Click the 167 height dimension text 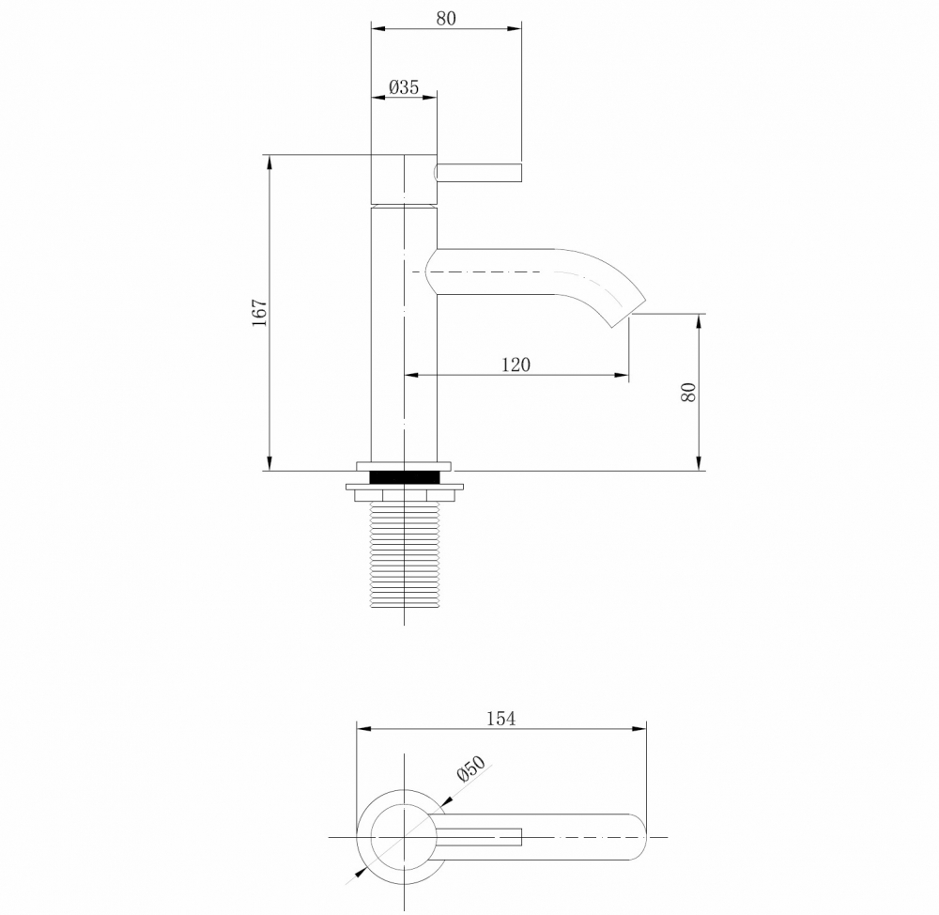click(x=260, y=312)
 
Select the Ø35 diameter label click(x=404, y=87)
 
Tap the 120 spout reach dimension click(x=516, y=364)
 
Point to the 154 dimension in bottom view click(x=500, y=719)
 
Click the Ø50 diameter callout click(x=470, y=769)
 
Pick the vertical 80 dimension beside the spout click(x=689, y=392)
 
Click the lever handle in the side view click(x=479, y=172)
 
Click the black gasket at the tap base click(x=405, y=476)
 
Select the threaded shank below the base click(x=405, y=554)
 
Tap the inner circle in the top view click(x=404, y=835)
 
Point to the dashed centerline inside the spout click(x=507, y=271)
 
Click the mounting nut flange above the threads click(x=405, y=488)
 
